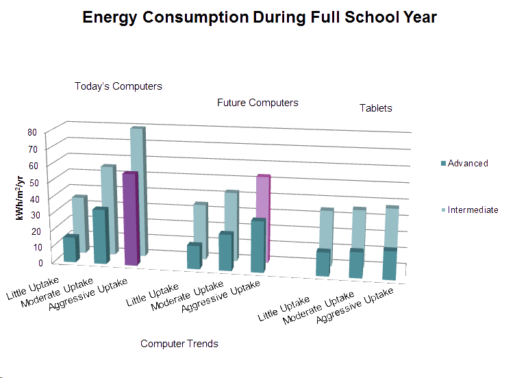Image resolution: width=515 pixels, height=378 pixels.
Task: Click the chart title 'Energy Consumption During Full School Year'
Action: pos(257,17)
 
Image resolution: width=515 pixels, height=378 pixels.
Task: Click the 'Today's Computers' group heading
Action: pos(118,87)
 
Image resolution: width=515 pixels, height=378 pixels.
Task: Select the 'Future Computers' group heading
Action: pos(258,103)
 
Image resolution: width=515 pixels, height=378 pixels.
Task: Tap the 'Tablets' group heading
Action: pos(376,108)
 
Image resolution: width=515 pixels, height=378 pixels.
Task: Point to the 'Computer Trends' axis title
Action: pos(179,343)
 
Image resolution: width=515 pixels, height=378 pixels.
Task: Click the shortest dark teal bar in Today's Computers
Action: pos(70,249)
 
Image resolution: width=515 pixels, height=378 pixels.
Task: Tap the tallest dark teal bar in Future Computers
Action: pos(258,247)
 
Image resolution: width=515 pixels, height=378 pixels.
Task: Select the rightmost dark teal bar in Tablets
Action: pos(389,264)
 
